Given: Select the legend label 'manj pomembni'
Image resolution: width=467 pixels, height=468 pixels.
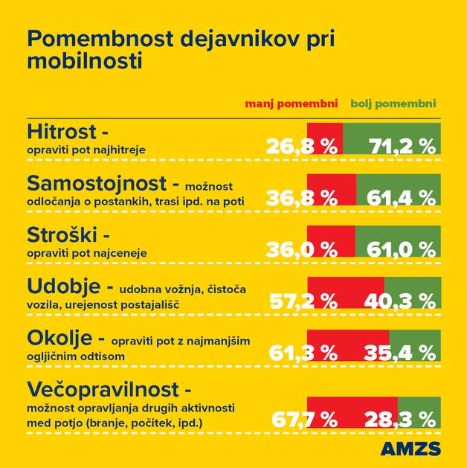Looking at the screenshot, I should (292, 103).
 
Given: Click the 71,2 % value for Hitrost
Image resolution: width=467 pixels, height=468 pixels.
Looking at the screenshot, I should (403, 145).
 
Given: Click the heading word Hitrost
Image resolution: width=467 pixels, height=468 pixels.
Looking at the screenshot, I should (62, 132).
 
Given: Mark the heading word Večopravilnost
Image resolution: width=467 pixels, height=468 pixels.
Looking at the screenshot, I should (104, 389).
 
